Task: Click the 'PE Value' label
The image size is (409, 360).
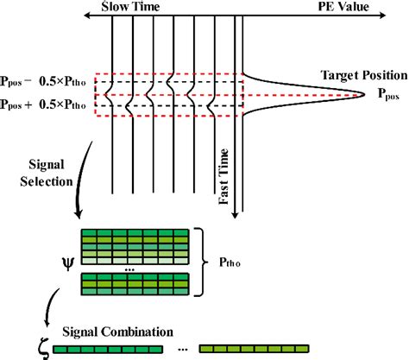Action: pos(356,6)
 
